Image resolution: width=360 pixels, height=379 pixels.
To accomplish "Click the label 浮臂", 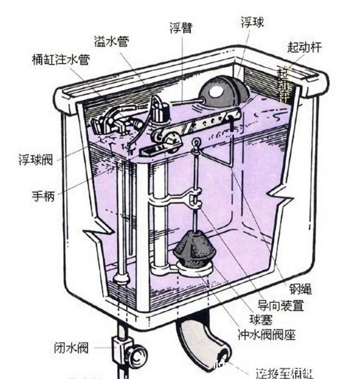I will [x=180, y=28].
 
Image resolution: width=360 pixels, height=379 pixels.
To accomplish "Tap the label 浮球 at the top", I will [x=252, y=22].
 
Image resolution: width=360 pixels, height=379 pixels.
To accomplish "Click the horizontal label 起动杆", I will [x=304, y=47].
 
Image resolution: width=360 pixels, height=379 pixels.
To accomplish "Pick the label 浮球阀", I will [x=36, y=159].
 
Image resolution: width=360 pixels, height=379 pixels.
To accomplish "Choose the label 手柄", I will [x=43, y=196].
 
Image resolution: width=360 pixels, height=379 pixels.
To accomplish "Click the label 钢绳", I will [x=300, y=289].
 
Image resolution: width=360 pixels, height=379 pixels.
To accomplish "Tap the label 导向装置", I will [x=281, y=305].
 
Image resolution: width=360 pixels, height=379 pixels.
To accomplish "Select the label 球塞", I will [x=260, y=320].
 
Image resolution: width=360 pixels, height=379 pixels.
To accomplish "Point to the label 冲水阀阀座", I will [x=266, y=335].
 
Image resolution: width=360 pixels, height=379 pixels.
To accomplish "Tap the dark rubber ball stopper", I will [x=194, y=250].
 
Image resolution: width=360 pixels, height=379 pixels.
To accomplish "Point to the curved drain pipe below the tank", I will [x=199, y=338].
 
